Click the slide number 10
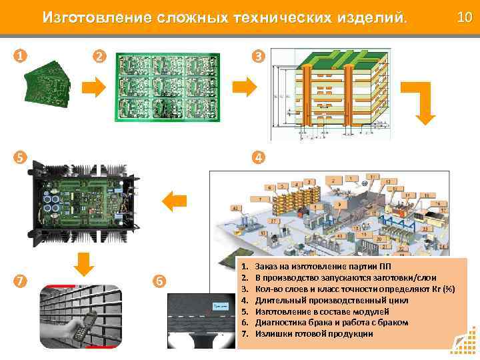pos(464,15)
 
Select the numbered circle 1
pos(20,56)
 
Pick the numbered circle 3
pos(257,57)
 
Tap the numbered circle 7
pos(20,280)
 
